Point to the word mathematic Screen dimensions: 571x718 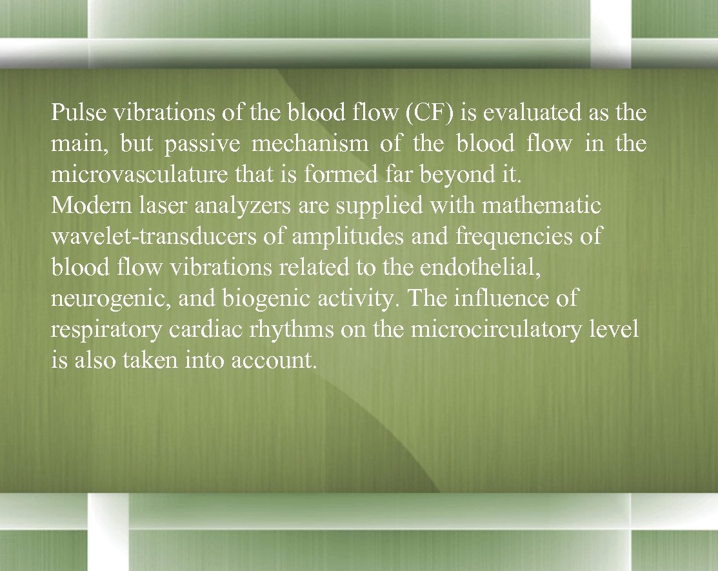click(x=541, y=206)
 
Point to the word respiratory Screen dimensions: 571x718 click(x=106, y=330)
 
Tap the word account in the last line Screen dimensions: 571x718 click(x=282, y=361)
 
